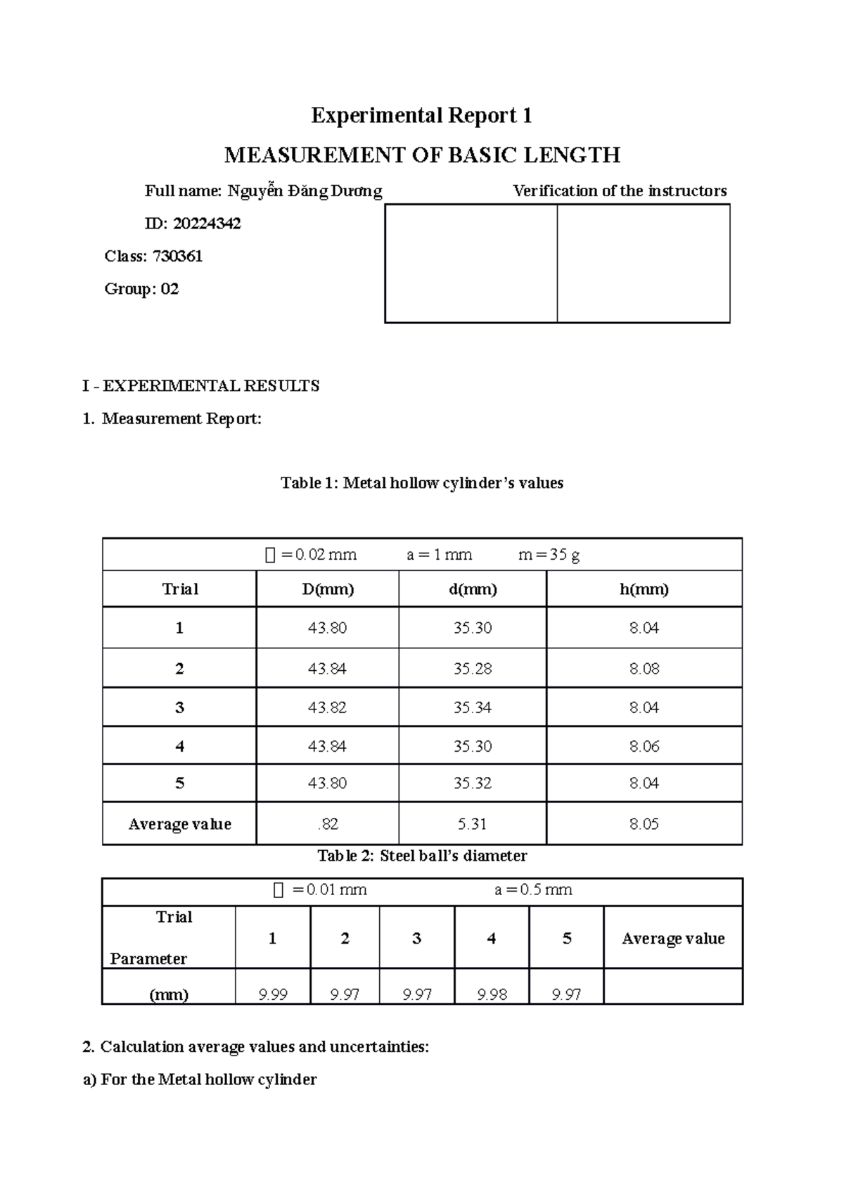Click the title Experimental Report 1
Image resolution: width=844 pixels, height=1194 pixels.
[421, 115]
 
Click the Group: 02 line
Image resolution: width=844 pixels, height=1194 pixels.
[141, 289]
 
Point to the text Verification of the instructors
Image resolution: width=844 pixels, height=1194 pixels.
[620, 191]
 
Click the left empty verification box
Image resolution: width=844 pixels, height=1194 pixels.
[471, 264]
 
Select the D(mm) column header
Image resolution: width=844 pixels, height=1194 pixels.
[328, 589]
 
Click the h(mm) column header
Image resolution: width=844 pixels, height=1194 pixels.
[644, 589]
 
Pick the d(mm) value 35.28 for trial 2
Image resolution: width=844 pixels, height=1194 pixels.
[472, 669]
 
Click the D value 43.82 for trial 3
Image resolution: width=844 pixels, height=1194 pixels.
[327, 707]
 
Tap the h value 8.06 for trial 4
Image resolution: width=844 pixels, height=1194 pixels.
[644, 746]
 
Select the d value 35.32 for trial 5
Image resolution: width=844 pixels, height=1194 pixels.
[472, 783]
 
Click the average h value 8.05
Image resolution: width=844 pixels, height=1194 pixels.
[644, 824]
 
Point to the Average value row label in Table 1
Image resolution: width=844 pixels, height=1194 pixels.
[179, 824]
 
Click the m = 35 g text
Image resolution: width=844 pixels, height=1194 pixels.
[549, 555]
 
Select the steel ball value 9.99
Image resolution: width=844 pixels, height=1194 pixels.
[273, 994]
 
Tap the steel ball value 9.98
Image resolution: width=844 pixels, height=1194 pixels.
[492, 994]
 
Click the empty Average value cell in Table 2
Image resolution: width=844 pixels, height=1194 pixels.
[672, 987]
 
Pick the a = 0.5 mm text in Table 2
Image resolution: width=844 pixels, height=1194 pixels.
[533, 890]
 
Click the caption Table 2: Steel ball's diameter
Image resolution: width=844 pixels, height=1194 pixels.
[422, 856]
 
